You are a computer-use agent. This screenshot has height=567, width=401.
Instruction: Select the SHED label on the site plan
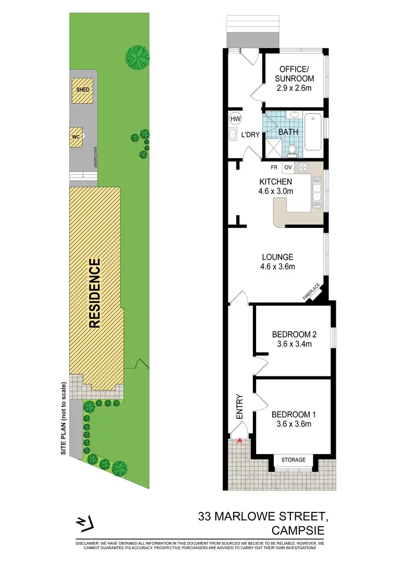83,90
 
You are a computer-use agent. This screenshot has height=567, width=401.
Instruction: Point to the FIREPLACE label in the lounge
312,293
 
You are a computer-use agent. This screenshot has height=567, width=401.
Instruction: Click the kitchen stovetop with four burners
304,167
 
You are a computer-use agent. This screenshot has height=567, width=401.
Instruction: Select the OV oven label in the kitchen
287,167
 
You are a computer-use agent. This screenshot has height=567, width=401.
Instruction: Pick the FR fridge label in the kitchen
274,167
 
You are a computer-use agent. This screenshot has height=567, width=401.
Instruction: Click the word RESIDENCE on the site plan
94,293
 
